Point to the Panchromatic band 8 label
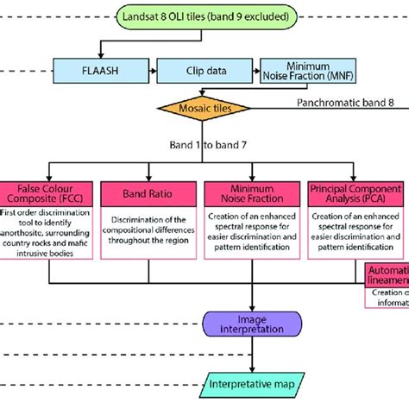click(346, 103)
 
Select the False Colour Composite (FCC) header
click(50, 192)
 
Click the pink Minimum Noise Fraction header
click(251, 192)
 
